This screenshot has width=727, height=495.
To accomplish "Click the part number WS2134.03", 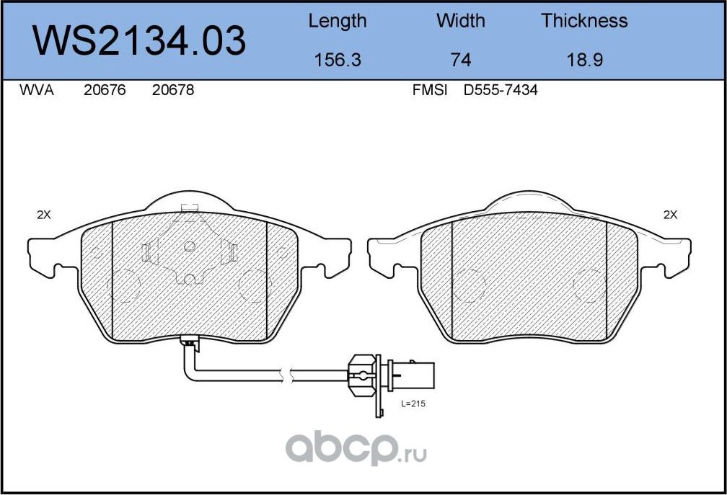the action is tap(138, 41).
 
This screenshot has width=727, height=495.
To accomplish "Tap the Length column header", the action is tap(337, 22).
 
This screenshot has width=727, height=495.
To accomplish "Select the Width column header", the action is tap(460, 21).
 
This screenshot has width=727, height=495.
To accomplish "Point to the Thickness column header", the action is tap(584, 21).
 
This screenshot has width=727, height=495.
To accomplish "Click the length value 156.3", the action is tap(337, 61).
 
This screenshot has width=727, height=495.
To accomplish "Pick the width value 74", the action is tap(460, 61).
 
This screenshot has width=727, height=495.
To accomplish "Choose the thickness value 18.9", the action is tap(585, 61).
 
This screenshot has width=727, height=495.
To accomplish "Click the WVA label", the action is tap(37, 90).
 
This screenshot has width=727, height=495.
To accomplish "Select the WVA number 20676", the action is tap(105, 90).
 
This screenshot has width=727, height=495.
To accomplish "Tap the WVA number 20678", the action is tap(173, 90).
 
